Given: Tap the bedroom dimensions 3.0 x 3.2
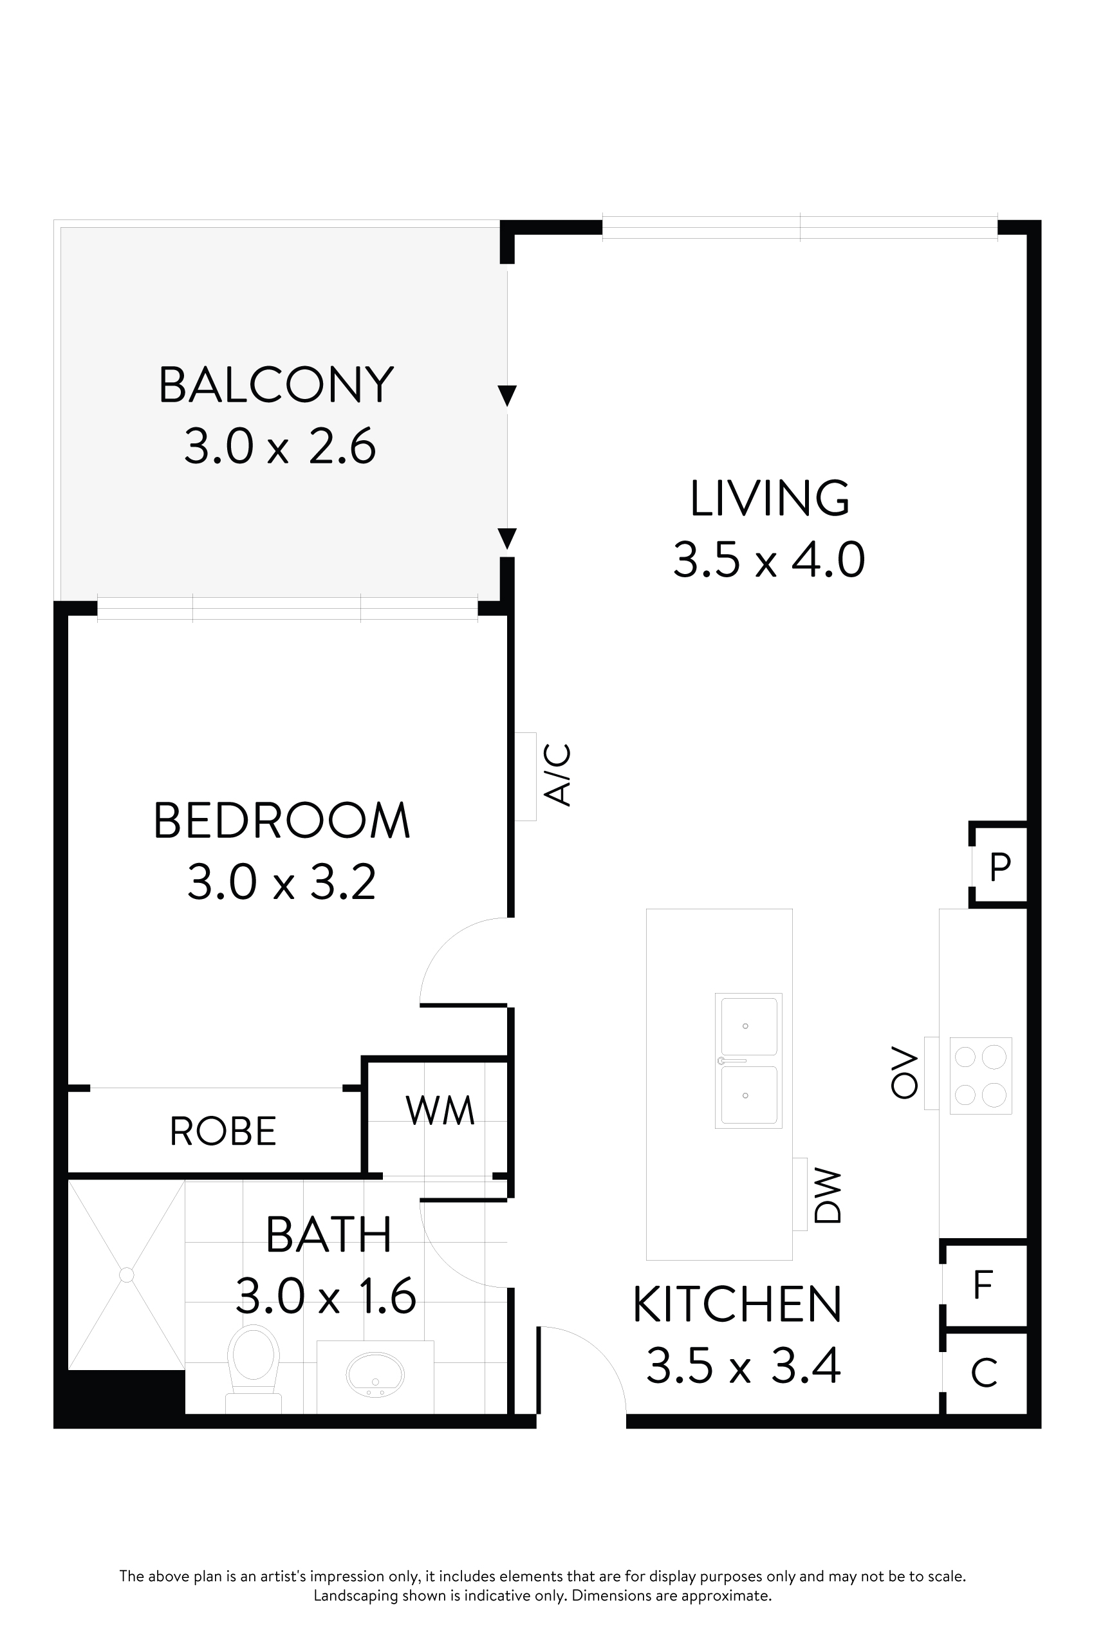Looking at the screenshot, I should [281, 882].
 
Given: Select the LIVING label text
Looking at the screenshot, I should [770, 498].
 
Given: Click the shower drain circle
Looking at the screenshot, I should [126, 1275].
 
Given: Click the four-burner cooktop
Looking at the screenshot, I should [980, 1075].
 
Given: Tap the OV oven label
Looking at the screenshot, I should [904, 1072].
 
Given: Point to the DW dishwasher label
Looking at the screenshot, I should [829, 1196].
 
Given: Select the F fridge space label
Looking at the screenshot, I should [983, 1284].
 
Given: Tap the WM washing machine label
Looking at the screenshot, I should [440, 1110].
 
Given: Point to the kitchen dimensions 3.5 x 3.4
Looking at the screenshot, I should [743, 1366].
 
